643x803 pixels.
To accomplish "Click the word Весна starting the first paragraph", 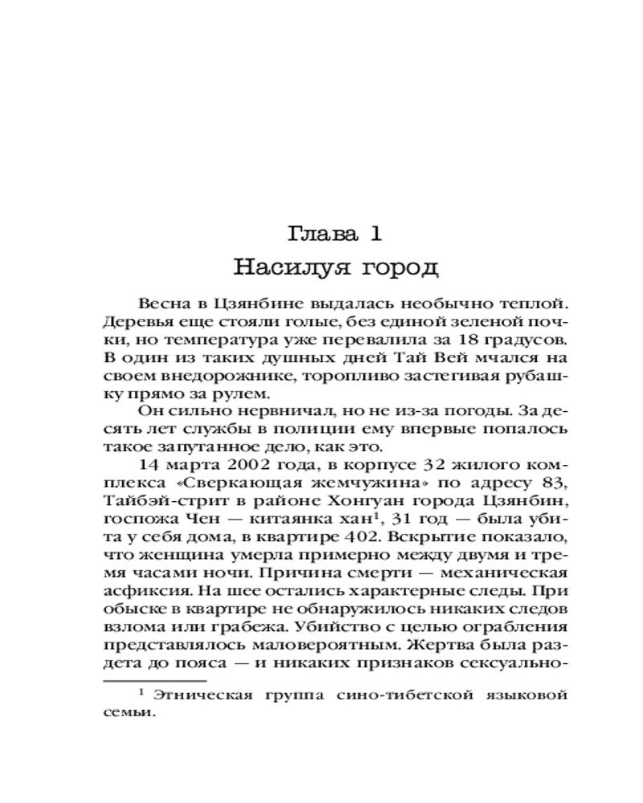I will click(x=165, y=304).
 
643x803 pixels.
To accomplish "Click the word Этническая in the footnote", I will click(x=203, y=695).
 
